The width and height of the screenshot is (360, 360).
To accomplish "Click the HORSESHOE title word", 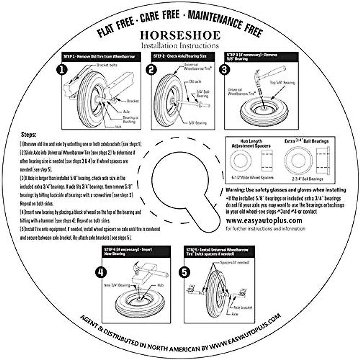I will point(180,35).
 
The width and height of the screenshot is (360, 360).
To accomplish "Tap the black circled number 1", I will point(62,70).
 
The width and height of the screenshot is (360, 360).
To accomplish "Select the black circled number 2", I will point(151,70).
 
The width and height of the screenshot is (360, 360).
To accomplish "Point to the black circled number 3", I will point(225,70).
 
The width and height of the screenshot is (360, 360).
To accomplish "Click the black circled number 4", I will point(100,272).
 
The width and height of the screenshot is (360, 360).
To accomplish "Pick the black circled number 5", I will point(184,272).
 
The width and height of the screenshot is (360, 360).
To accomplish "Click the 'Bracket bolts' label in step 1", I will point(107,65).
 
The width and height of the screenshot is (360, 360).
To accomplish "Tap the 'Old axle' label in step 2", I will point(195,81).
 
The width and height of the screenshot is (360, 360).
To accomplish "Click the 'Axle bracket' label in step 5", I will point(243,307).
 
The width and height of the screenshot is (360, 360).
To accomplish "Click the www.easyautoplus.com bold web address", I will point(264,221).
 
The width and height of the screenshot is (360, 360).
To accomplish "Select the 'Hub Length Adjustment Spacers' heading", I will point(251,143).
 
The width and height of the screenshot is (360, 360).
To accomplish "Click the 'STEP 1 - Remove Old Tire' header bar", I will point(99,56).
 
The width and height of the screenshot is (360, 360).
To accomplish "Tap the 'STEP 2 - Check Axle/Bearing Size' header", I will point(180,56).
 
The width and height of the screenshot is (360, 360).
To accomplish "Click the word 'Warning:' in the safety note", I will point(235,190).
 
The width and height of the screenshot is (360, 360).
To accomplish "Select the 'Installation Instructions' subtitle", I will point(180,46).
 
